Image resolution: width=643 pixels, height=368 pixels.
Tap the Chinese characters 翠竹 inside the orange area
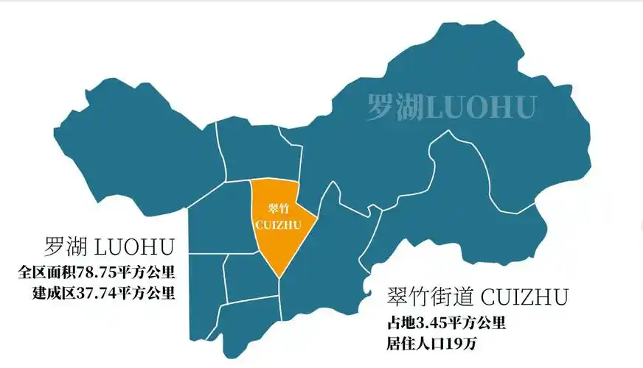278,208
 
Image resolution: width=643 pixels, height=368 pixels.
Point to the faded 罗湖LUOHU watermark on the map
451,107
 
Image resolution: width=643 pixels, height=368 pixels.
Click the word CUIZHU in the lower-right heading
524,298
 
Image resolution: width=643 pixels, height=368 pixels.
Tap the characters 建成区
51,293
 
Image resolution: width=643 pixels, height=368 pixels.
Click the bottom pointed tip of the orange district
279,276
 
